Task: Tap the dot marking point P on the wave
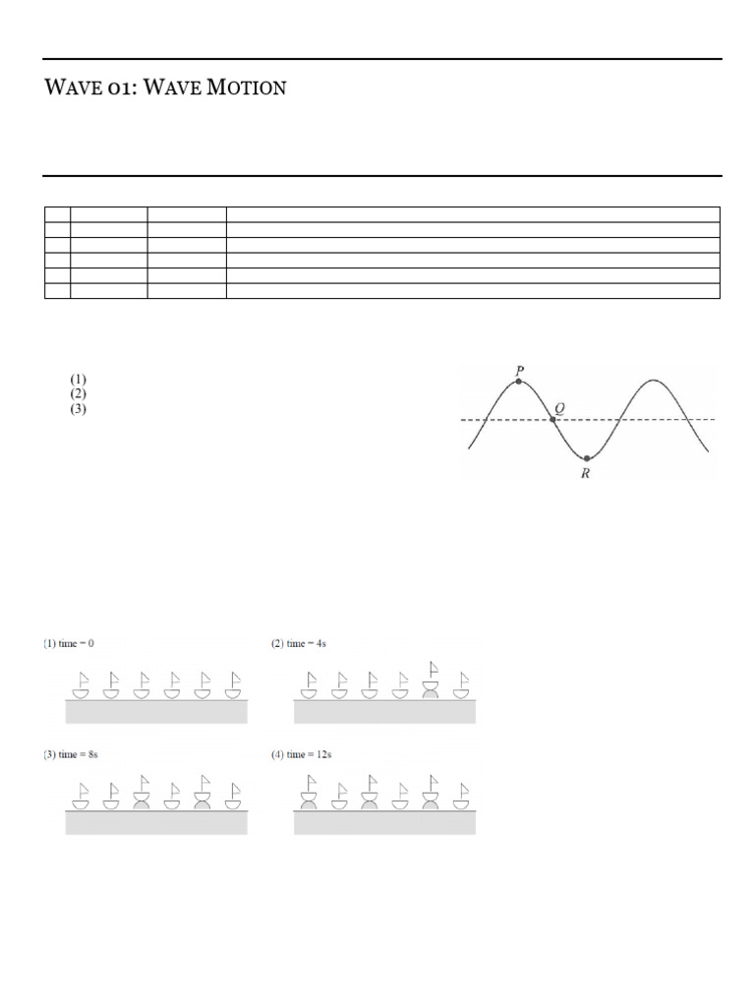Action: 519,381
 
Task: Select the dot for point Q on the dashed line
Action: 552,420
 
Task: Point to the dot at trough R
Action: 587,458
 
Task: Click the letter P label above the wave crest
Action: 519,370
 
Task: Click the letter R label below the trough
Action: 586,474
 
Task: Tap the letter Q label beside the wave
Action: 559,407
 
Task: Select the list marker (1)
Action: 79,379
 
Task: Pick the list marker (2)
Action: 79,393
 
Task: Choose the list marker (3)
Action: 79,408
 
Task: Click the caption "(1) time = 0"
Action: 69,643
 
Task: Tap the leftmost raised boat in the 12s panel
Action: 310,791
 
